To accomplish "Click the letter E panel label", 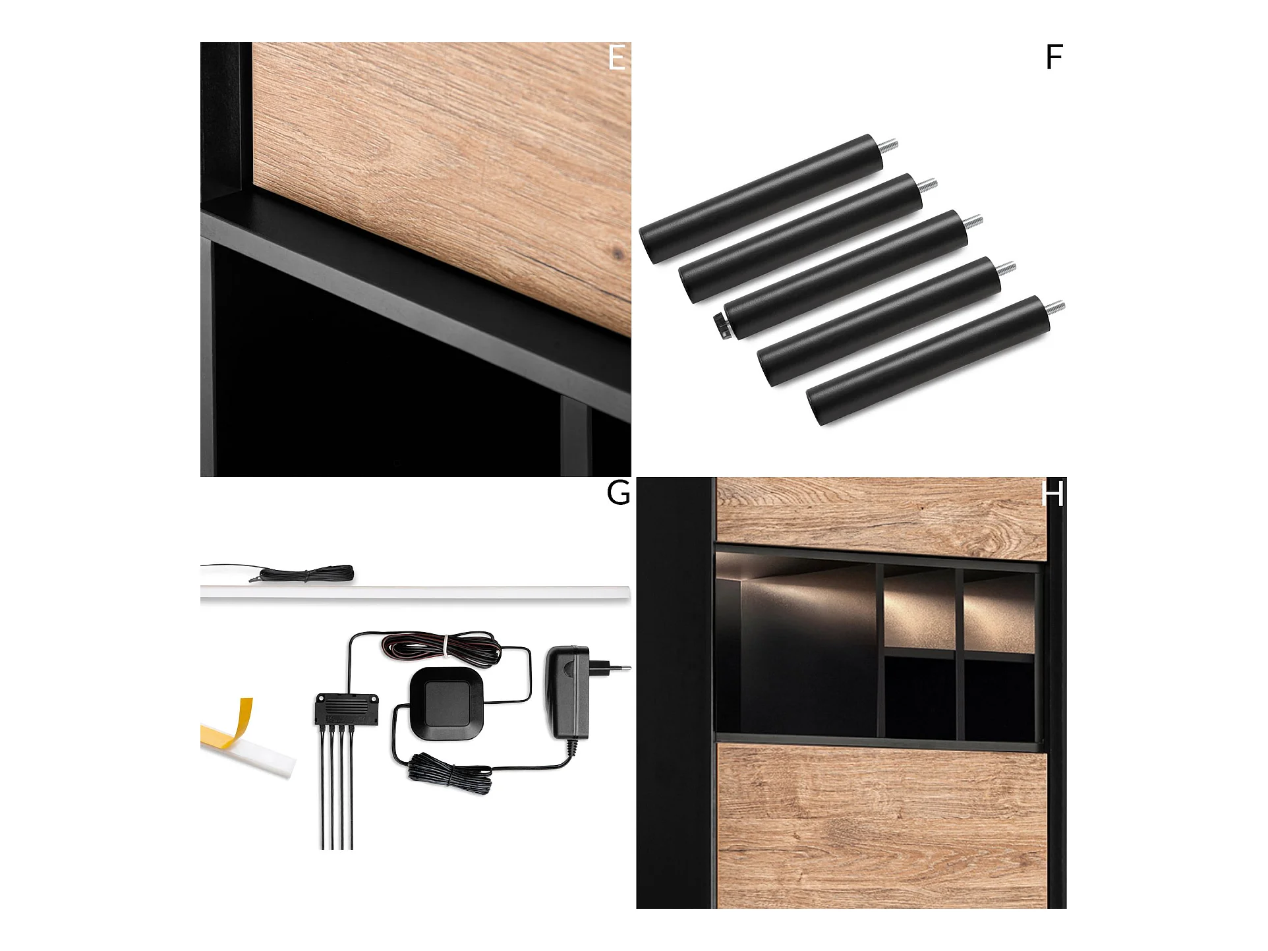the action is pos(617,57).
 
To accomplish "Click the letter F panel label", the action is pos(1054,57).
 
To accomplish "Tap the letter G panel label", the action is pos(618,493).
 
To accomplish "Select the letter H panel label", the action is pos(1052,494).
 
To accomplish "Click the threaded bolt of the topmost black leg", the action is pos(888,144).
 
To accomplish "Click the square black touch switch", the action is pos(447,702).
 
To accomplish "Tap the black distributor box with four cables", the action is pos(346,708).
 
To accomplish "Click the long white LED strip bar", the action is pos(415,592).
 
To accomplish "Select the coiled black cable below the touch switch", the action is pos(450,772).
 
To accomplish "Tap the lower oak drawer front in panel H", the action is pos(881,826).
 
